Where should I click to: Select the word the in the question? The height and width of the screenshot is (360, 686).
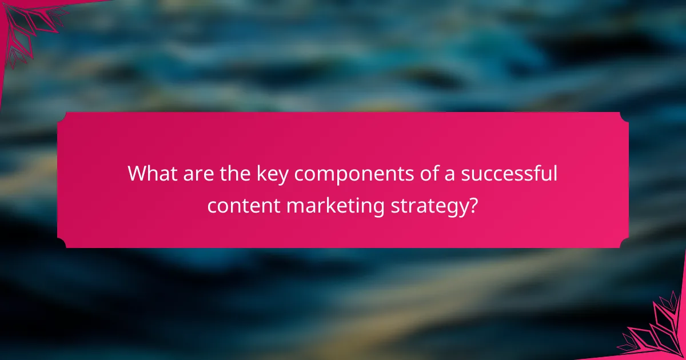tap(232, 173)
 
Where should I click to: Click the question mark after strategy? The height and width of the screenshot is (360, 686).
tap(473, 205)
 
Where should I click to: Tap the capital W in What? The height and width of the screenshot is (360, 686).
tap(137, 173)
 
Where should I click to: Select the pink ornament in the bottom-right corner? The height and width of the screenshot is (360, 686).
tap(657, 331)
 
